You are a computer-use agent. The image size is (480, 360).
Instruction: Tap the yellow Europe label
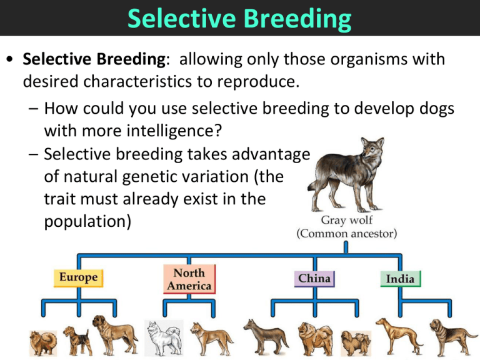[79, 276]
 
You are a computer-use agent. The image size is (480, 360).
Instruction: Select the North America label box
[189, 278]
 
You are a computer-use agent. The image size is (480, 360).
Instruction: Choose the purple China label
[314, 277]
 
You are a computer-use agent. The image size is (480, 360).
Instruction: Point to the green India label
[400, 278]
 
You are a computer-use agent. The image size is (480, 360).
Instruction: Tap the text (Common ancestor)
[344, 235]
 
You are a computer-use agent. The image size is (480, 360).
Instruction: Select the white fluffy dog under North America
[164, 338]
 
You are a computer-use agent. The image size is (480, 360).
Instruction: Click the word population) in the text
[87, 222]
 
